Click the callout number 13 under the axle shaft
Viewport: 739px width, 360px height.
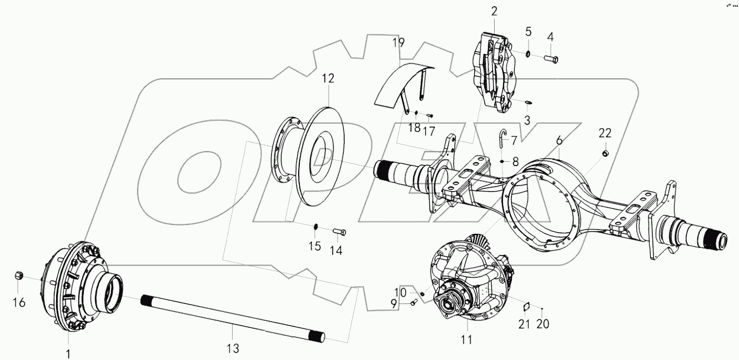click(233, 348)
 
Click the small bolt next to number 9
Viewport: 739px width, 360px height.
click(414, 303)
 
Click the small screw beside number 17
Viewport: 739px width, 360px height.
click(429, 115)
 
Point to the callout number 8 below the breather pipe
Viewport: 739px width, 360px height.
click(515, 162)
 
